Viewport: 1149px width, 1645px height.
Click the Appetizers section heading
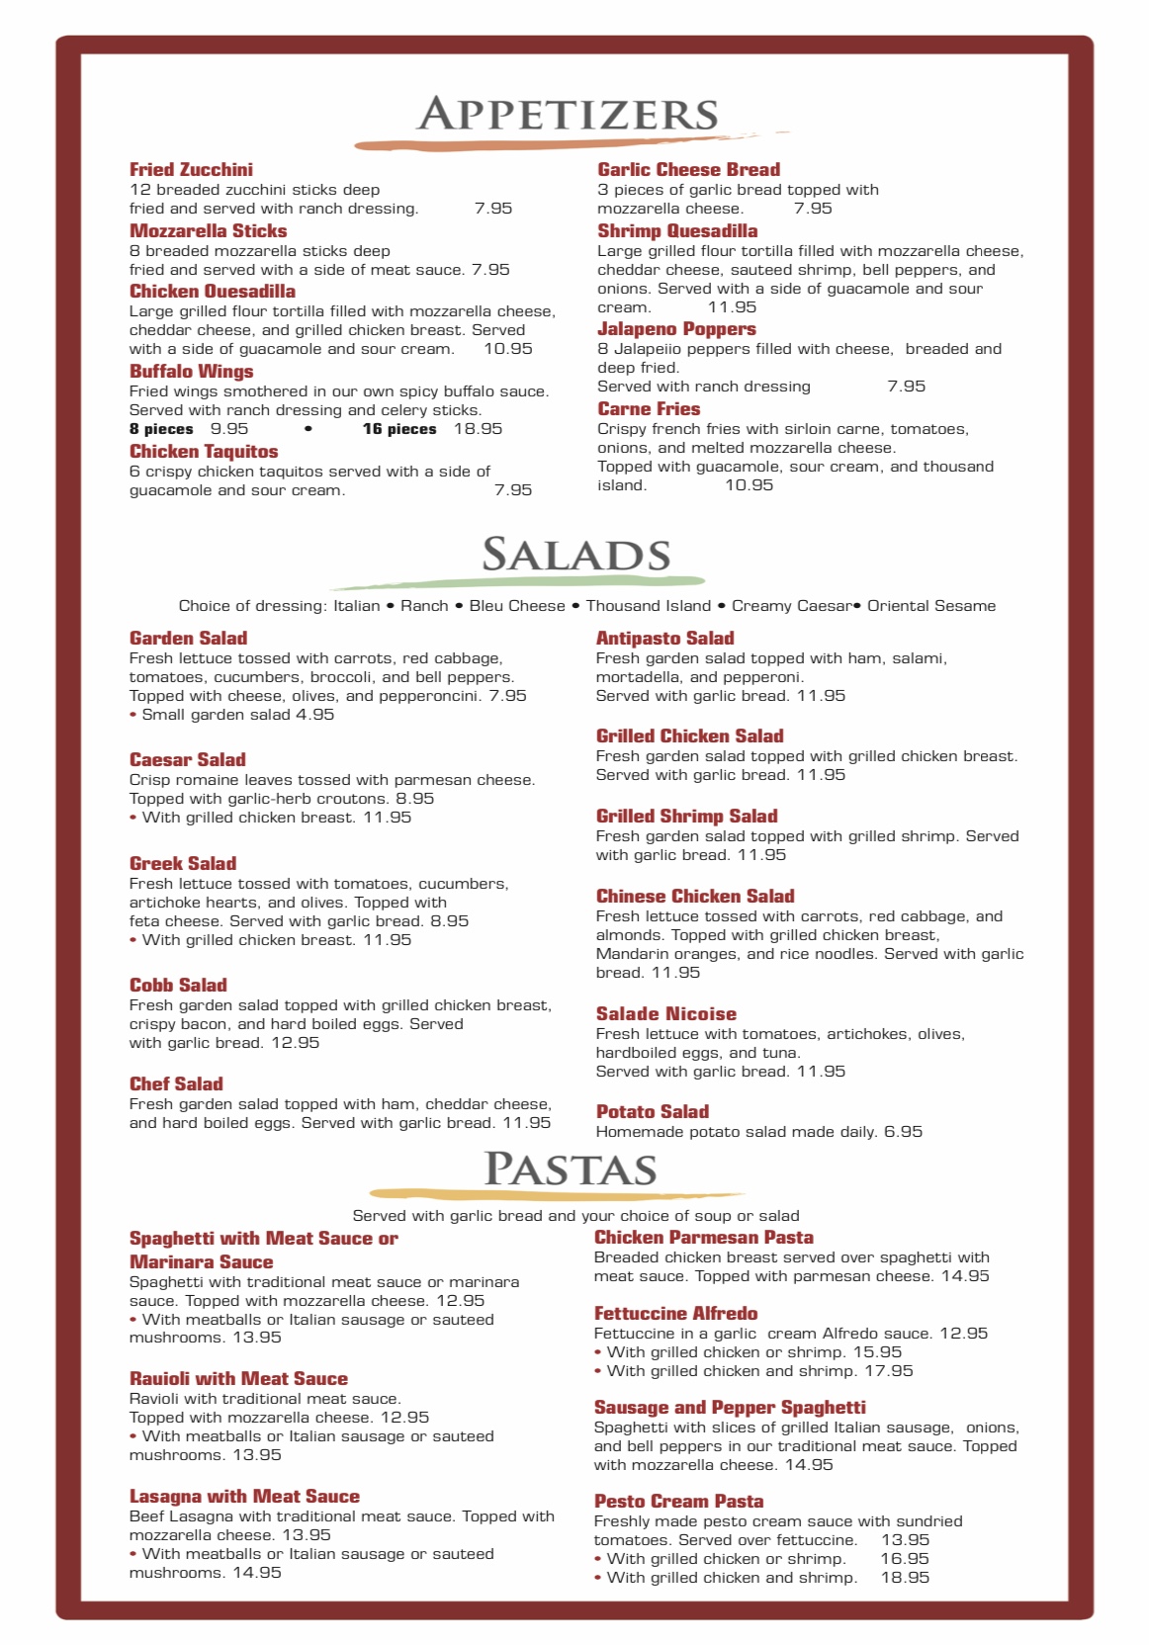pos(568,115)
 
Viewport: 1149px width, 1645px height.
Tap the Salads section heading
pos(575,555)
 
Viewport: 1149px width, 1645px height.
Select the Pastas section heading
pos(571,1169)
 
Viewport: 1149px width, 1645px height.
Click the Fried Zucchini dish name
pos(191,170)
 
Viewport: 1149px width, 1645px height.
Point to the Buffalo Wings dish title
pos(191,372)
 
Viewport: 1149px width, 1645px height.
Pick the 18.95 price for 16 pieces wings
pos(478,429)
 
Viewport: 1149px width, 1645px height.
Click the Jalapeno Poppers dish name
pos(676,329)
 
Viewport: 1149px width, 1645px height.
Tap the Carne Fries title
pos(649,409)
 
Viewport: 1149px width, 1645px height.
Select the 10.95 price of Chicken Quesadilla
pos(508,349)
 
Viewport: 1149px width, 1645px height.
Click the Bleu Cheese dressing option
pos(516,606)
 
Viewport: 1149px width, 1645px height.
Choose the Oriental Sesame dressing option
pos(931,606)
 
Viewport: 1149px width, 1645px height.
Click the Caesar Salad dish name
pos(188,760)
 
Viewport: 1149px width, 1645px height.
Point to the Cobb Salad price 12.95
pos(295,1043)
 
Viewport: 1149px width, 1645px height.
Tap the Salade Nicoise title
pos(665,1014)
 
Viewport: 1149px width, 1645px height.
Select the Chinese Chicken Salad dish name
pos(695,897)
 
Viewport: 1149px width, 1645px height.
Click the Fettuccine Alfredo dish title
pos(675,1314)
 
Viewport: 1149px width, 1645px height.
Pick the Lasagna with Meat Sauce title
pos(244,1497)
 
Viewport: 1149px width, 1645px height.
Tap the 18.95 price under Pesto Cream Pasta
pos(905,1578)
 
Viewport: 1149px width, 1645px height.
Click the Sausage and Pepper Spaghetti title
pos(730,1408)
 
